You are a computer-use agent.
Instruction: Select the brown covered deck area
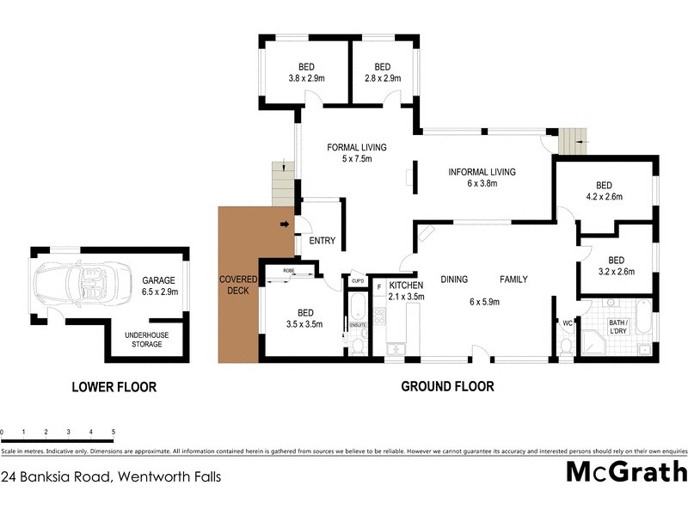(x=238, y=284)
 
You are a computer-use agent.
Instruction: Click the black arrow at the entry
(x=285, y=225)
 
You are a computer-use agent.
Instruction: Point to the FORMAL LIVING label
(x=357, y=147)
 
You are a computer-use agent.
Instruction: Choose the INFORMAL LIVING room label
(x=482, y=172)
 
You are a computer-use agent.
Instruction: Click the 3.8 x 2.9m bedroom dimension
(x=306, y=78)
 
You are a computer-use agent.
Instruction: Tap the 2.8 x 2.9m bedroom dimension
(x=383, y=78)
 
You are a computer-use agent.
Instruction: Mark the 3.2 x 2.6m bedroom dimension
(x=616, y=272)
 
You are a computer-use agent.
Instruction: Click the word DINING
(x=453, y=279)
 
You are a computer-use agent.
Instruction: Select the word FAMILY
(x=514, y=279)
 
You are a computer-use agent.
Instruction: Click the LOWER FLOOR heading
(x=114, y=387)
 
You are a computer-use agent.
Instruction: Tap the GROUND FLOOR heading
(x=447, y=387)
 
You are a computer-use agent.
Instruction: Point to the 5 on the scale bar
(x=114, y=432)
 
